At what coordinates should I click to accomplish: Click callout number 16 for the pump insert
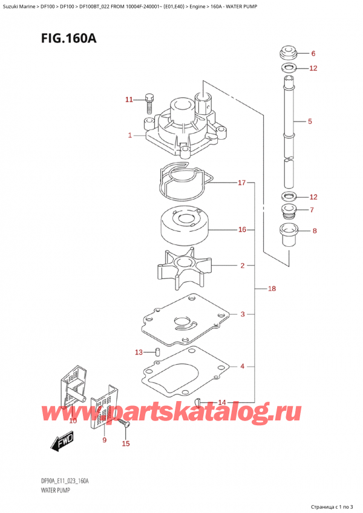point(242,230)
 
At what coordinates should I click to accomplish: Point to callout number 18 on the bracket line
point(272,289)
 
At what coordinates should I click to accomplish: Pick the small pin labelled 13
point(157,351)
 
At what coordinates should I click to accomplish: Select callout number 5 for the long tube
point(310,122)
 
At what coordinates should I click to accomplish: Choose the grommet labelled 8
point(288,235)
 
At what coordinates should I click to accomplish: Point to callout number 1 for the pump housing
point(129,136)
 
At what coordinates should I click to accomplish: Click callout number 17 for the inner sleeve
point(241,182)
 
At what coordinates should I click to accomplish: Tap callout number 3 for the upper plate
point(242,314)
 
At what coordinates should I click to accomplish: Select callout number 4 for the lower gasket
point(242,366)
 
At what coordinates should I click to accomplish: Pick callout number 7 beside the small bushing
point(312,210)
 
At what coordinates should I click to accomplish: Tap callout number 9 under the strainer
point(104,440)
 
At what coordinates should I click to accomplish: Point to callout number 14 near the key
point(222,402)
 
